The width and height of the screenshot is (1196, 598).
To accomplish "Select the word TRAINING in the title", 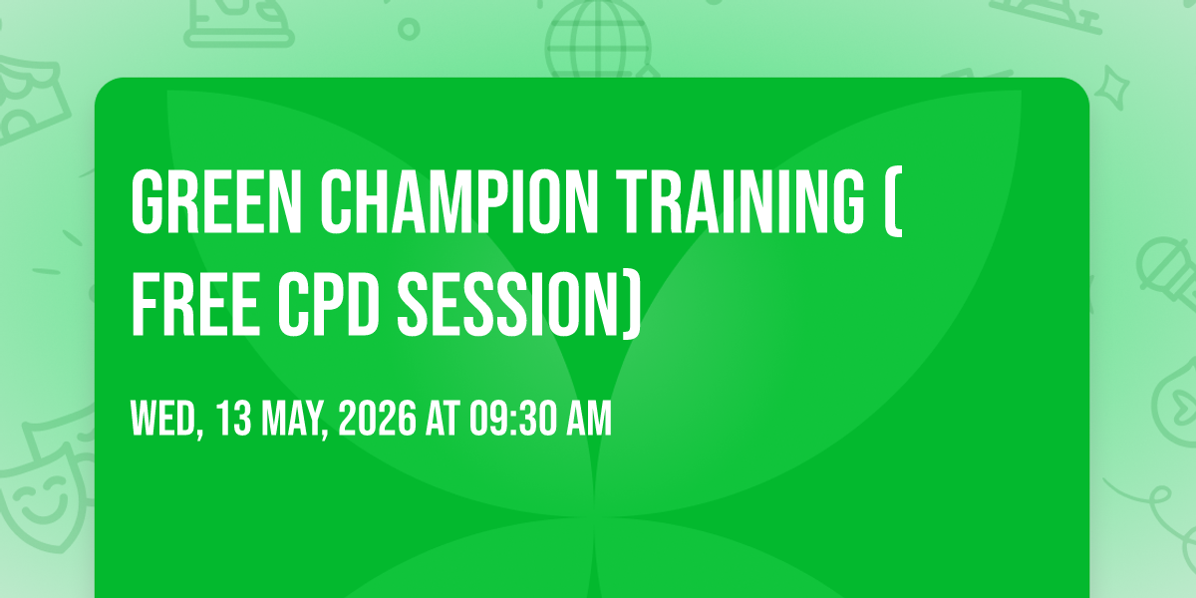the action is click(740, 201).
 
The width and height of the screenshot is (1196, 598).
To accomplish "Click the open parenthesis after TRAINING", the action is click(893, 201).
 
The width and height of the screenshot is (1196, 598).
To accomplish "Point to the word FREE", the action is click(195, 305).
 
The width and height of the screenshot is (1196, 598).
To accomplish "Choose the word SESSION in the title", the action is click(507, 305).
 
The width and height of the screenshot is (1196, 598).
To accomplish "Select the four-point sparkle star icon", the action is click(1112, 88).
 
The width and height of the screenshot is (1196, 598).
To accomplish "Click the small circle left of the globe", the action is click(409, 29).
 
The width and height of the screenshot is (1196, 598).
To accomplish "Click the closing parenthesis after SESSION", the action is click(632, 305).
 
